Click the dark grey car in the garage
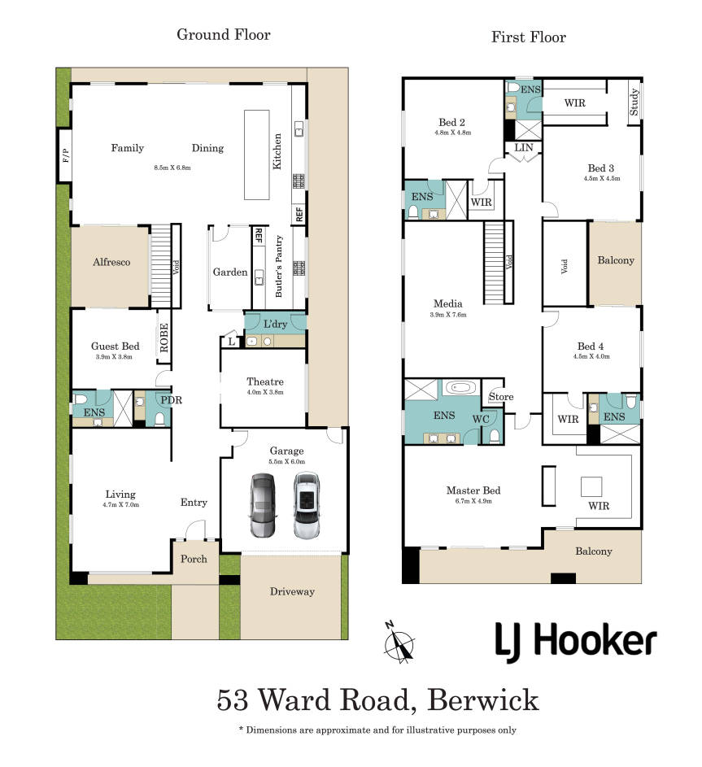point(264,505)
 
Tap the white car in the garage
point(307,505)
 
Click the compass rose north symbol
point(399,642)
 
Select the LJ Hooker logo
point(576,642)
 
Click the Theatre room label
point(265,381)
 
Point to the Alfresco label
point(111,262)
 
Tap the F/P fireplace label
point(66,155)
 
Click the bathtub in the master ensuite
point(462,388)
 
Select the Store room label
point(501,397)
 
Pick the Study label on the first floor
point(634,102)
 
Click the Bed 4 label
point(591,346)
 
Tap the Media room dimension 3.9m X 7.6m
point(448,315)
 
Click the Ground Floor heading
point(224,35)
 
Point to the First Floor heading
point(529,37)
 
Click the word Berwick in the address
point(483,700)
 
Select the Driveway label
point(292,592)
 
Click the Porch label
point(194,559)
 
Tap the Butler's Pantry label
point(279,266)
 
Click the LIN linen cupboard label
point(523,147)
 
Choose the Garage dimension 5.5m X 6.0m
point(286,462)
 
